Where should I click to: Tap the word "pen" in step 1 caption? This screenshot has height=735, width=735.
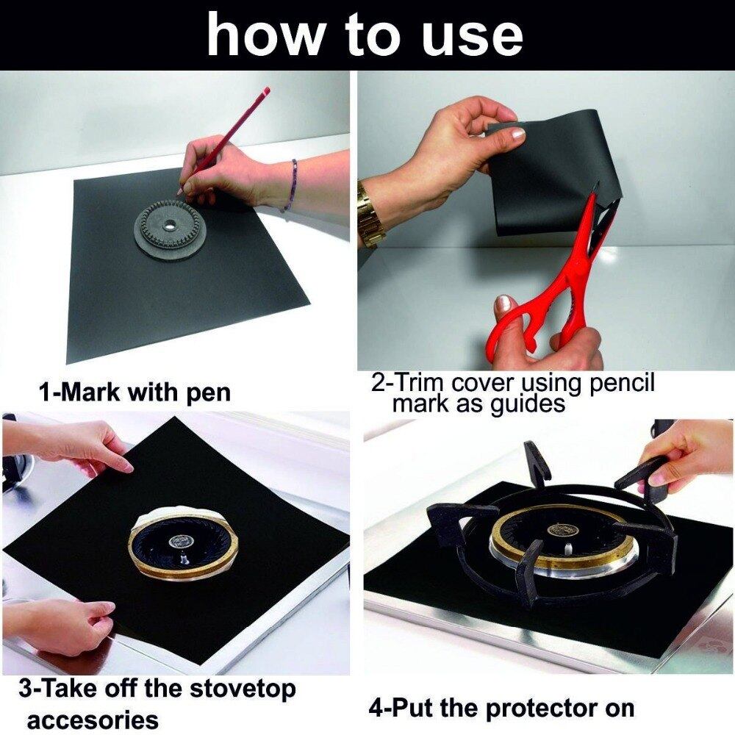tap(208, 392)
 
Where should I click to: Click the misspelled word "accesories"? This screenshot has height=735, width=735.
tap(93, 720)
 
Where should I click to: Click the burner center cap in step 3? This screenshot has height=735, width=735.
tap(180, 542)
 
